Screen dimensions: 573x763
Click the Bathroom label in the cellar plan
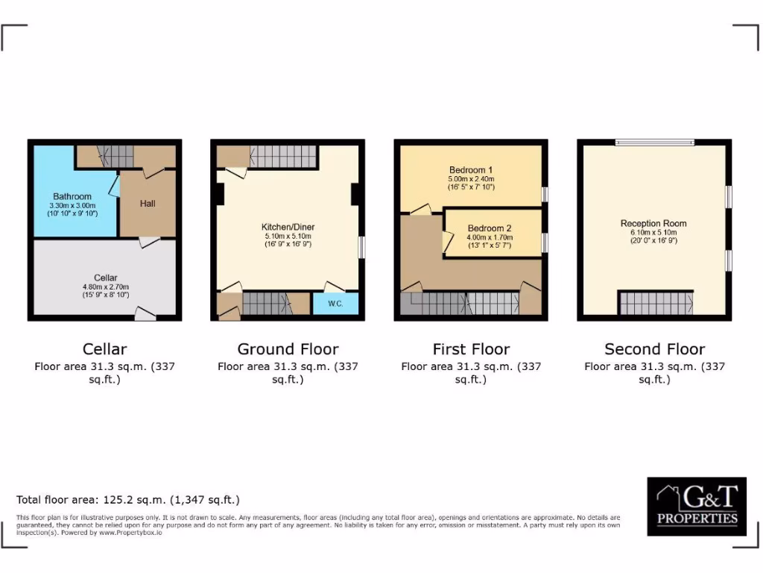72,197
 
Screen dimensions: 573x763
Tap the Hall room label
147,203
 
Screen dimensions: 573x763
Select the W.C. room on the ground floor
335,304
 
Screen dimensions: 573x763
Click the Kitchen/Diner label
287,227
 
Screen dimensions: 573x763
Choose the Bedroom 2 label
490,228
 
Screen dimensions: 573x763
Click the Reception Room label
653,223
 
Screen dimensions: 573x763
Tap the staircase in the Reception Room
655,303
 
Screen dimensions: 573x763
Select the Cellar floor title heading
104,349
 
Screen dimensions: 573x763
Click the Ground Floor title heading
288,349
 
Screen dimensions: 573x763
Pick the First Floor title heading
471,349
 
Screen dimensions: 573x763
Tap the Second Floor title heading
654,349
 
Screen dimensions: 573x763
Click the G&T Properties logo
697,507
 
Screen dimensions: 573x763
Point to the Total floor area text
128,500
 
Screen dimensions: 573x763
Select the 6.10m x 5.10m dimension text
653,233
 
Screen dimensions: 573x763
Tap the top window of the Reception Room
654,143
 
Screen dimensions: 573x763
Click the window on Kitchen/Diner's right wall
361,248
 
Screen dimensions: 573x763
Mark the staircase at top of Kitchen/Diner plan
283,156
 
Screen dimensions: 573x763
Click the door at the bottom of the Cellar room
145,316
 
